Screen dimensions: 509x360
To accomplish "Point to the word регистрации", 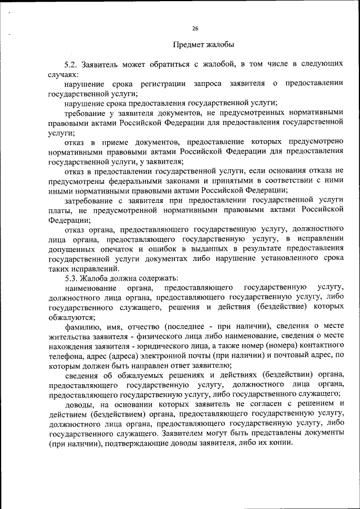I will pyautogui.click(x=165, y=84).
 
